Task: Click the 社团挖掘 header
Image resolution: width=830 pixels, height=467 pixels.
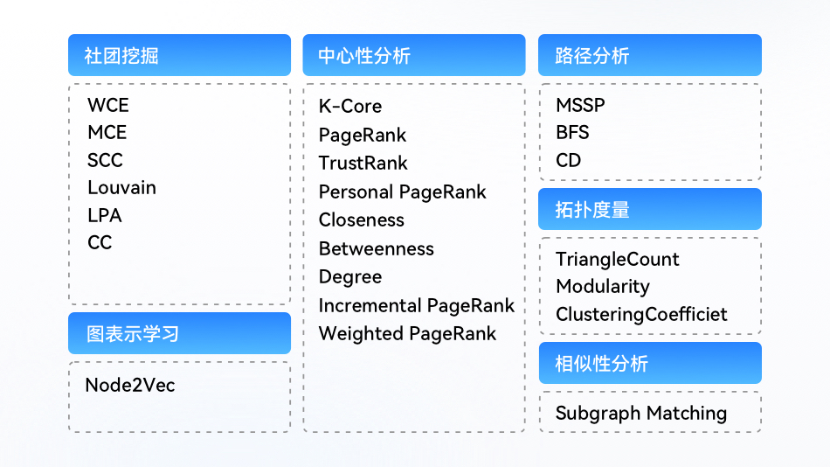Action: coord(179,55)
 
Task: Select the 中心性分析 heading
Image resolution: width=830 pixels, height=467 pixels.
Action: coord(414,55)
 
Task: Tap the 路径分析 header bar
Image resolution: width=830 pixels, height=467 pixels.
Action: coord(650,55)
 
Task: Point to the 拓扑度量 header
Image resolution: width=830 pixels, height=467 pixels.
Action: coord(650,209)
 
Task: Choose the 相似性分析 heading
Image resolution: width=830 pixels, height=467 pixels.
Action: coord(650,363)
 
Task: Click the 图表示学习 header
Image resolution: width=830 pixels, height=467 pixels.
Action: coord(179,333)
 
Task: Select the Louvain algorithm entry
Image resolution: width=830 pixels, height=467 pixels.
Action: coord(121,188)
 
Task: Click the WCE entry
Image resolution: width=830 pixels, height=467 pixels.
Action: coord(108,105)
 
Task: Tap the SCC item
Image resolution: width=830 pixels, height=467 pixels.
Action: coord(105,160)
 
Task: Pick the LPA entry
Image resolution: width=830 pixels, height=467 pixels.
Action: coord(105,215)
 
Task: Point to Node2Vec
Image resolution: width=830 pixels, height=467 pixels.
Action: coord(129,385)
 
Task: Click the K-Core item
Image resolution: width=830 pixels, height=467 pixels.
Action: coord(349,106)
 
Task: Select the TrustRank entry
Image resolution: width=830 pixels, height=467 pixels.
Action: coord(363,163)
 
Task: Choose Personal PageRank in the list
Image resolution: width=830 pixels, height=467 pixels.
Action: coord(402,192)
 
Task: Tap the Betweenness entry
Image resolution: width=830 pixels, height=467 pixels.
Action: coord(377,248)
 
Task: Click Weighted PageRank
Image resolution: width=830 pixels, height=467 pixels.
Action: coord(408,334)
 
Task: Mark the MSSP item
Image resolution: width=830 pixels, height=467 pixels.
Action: coord(580,105)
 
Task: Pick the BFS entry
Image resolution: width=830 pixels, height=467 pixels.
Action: coord(572,133)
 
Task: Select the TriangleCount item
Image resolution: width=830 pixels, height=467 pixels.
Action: coord(617,259)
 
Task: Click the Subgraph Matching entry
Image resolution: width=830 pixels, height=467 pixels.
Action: coord(641,413)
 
